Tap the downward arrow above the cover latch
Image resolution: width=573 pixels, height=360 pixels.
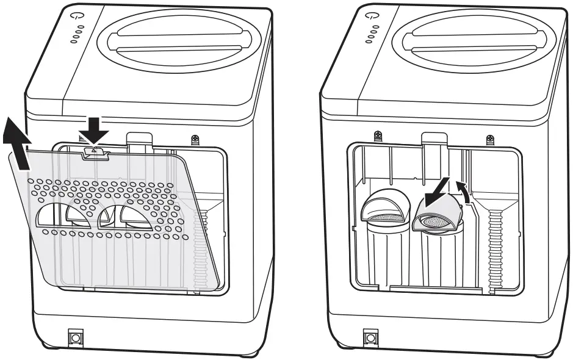(95, 130)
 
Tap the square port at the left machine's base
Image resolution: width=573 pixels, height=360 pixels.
(76, 337)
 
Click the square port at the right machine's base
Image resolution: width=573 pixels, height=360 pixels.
(370, 337)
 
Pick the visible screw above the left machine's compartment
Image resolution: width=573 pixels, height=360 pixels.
(195, 139)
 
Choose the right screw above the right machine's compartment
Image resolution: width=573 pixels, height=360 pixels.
(490, 139)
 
